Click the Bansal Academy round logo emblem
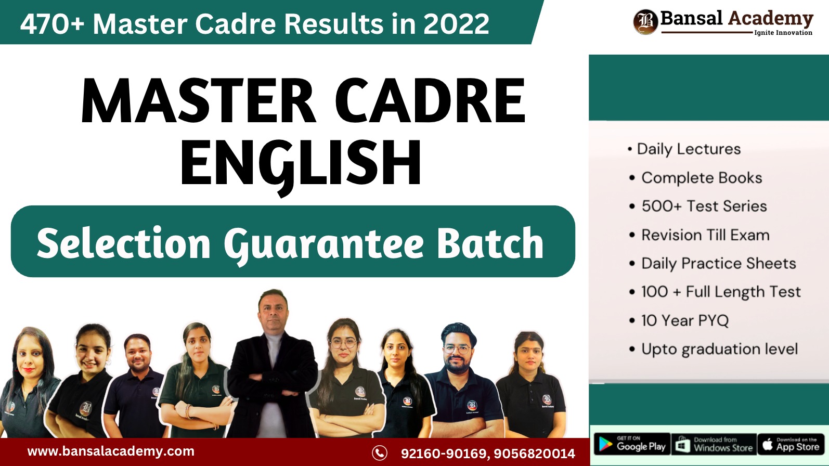pyautogui.click(x=645, y=22)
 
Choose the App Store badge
pyautogui.click(x=791, y=444)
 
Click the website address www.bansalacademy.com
pyautogui.click(x=111, y=451)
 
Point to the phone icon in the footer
pyautogui.click(x=380, y=453)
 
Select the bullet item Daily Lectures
pyautogui.click(x=689, y=149)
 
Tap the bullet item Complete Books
pyautogui.click(x=701, y=178)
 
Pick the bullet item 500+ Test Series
pyautogui.click(x=704, y=206)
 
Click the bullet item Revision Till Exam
pyautogui.click(x=705, y=235)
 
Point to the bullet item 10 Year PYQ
pyautogui.click(x=684, y=320)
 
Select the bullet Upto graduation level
pyautogui.click(x=719, y=349)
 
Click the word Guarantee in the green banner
pyautogui.click(x=323, y=243)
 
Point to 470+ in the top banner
pyautogui.click(x=52, y=24)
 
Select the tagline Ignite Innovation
pyautogui.click(x=783, y=33)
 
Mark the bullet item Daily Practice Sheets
pyautogui.click(x=718, y=264)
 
